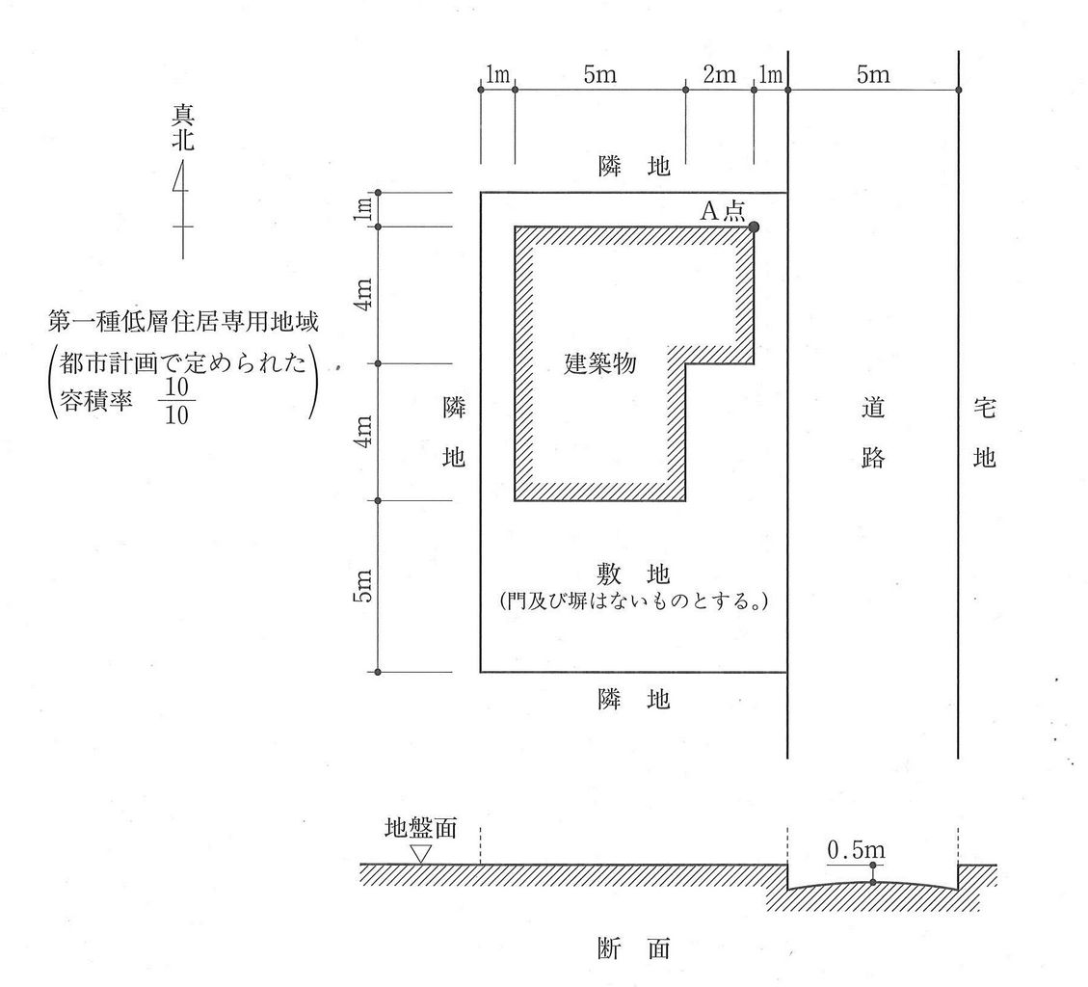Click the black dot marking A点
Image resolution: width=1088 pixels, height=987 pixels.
click(x=754, y=227)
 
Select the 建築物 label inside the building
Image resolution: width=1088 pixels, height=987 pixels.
click(x=600, y=364)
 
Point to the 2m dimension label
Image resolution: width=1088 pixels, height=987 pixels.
click(x=719, y=74)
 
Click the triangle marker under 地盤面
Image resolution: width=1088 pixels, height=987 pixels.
click(x=421, y=853)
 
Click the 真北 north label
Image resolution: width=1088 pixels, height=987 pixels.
click(x=183, y=128)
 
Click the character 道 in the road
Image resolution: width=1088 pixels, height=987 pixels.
click(x=872, y=409)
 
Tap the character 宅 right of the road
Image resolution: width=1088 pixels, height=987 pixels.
click(x=984, y=409)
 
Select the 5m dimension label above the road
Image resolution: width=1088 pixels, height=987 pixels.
click(x=873, y=74)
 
